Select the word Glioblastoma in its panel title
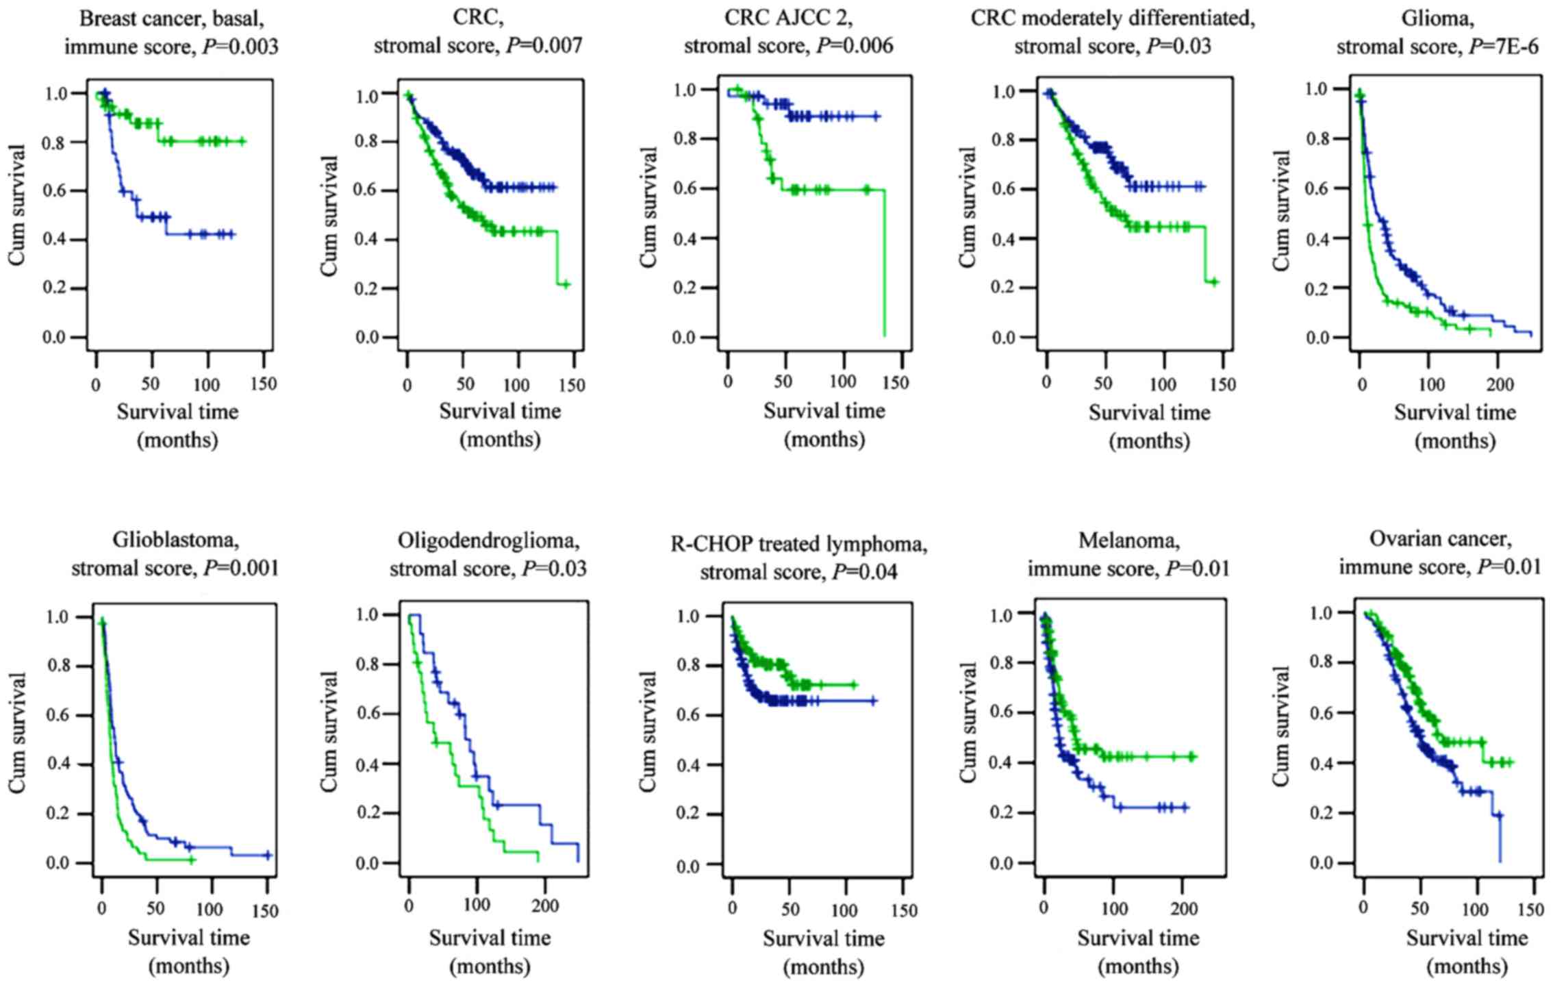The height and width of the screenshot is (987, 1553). pyautogui.click(x=176, y=540)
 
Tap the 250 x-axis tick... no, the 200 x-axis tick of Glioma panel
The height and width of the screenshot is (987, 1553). pyautogui.click(x=1498, y=383)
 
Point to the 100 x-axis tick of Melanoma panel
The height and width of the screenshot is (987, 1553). pyautogui.click(x=1114, y=909)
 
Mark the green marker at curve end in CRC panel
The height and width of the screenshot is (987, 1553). pyautogui.click(x=566, y=284)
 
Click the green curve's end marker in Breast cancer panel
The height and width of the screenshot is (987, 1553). pyautogui.click(x=242, y=142)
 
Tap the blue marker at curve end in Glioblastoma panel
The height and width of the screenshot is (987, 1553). pyautogui.click(x=268, y=855)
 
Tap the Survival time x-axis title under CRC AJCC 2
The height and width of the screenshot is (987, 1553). pyautogui.click(x=824, y=411)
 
